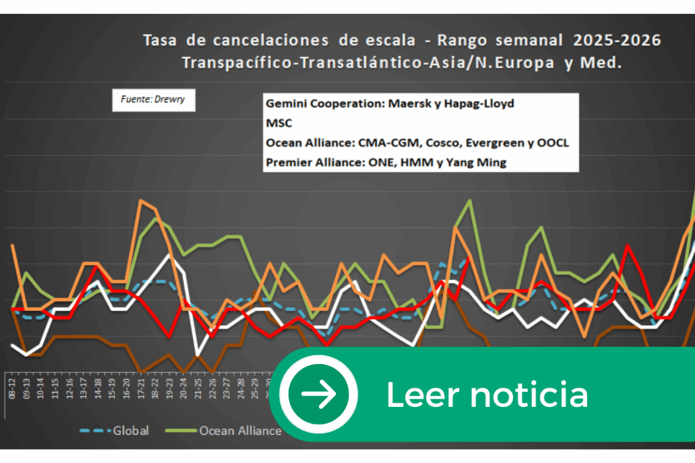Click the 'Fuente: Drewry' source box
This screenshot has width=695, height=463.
[x=153, y=100]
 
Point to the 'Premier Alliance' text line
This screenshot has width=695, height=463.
[x=386, y=163]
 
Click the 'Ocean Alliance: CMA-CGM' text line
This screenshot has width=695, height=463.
[x=417, y=143]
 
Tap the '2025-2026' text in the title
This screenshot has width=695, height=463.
[x=617, y=41]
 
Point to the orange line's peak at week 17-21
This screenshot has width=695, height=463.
[x=141, y=200]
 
